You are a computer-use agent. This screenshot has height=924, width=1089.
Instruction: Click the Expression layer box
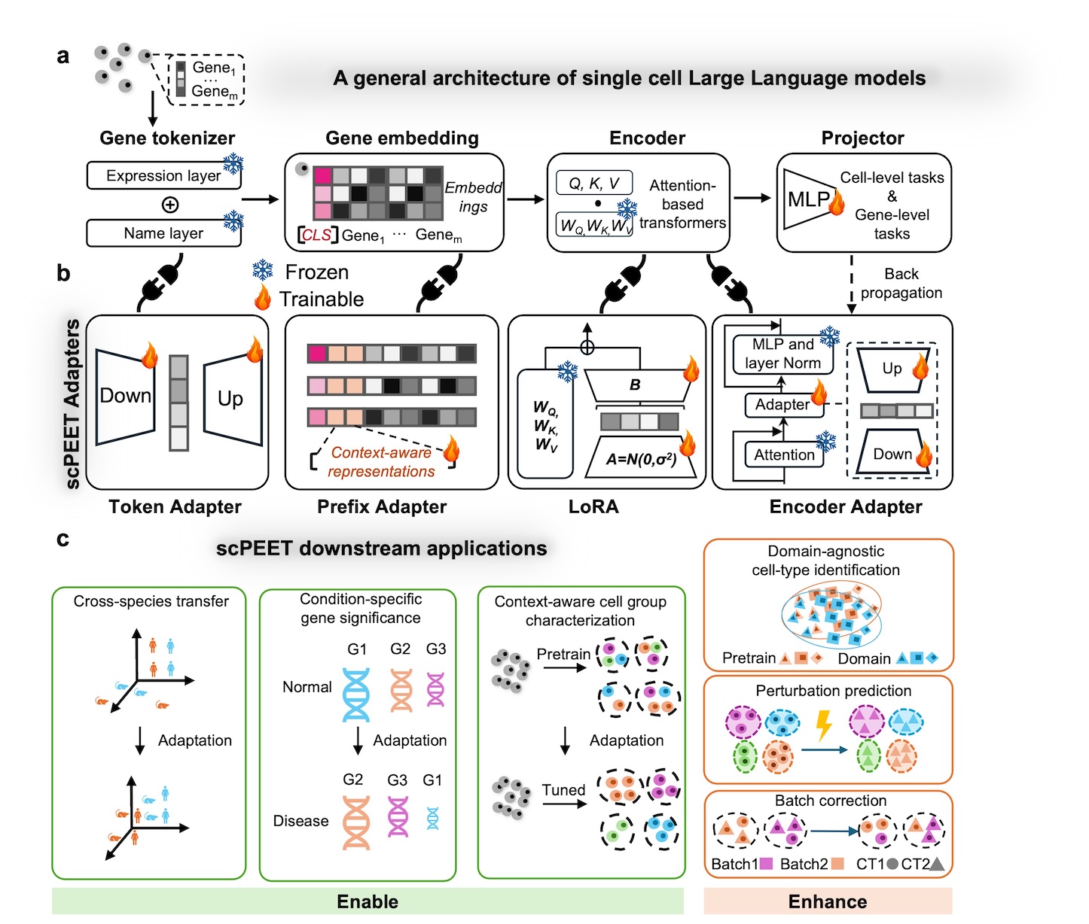click(164, 175)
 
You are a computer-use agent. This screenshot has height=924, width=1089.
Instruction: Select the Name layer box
click(164, 233)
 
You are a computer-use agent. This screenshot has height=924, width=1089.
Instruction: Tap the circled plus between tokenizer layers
click(169, 204)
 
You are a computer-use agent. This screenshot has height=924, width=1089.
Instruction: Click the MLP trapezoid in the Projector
click(810, 199)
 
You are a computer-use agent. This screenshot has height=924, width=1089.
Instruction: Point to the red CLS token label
click(316, 234)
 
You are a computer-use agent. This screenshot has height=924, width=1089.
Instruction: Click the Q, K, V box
click(594, 184)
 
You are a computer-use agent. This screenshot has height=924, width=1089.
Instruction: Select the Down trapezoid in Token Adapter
click(125, 396)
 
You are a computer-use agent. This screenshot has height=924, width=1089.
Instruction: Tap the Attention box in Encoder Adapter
click(784, 454)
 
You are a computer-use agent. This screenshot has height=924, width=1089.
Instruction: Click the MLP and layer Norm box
click(783, 354)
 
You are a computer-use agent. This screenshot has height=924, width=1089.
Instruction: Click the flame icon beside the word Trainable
click(262, 297)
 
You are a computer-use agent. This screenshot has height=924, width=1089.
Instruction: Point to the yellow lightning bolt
click(823, 725)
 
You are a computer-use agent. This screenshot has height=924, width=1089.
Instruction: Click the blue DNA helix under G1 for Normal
click(356, 695)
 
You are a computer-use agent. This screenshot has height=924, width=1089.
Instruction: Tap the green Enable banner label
click(368, 901)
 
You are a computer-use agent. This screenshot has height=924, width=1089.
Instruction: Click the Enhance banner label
click(828, 901)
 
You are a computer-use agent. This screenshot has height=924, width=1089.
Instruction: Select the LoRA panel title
click(593, 506)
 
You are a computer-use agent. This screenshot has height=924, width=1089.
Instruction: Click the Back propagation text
click(901, 283)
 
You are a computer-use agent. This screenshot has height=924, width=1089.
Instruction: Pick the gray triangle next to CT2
click(936, 864)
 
